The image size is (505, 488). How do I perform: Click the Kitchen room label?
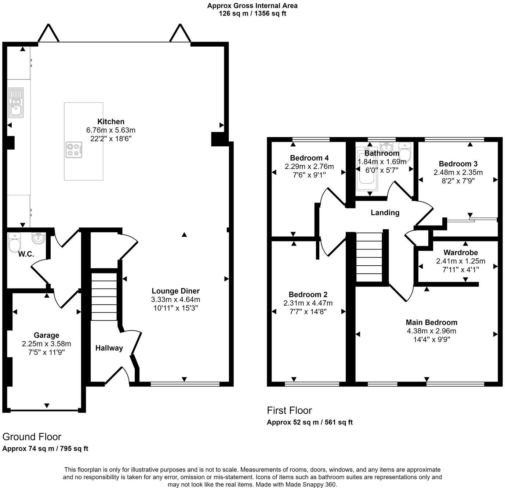(x=111, y=122)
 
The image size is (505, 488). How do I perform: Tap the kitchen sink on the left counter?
(x=17, y=103)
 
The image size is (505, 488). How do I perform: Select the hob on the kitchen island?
(x=74, y=150)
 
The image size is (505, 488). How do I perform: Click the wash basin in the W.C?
(x=39, y=238)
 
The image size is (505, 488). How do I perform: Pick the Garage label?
(x=47, y=335)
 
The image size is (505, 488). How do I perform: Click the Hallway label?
(x=109, y=348)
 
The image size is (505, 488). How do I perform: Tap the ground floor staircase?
(x=104, y=297)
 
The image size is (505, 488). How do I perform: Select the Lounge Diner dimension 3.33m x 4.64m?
(x=176, y=299)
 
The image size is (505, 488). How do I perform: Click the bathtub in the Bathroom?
(x=368, y=169)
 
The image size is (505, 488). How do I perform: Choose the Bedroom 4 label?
(x=309, y=158)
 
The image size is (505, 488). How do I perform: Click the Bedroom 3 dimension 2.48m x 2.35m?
(x=458, y=172)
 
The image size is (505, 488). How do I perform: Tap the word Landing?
(x=385, y=213)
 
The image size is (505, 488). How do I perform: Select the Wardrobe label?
(x=461, y=252)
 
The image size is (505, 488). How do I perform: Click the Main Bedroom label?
(x=432, y=323)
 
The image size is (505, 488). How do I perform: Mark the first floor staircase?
(x=369, y=257)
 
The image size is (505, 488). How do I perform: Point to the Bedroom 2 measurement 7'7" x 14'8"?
(x=308, y=312)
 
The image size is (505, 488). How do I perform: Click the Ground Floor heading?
(x=32, y=437)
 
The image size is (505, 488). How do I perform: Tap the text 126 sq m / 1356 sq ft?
(x=252, y=13)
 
